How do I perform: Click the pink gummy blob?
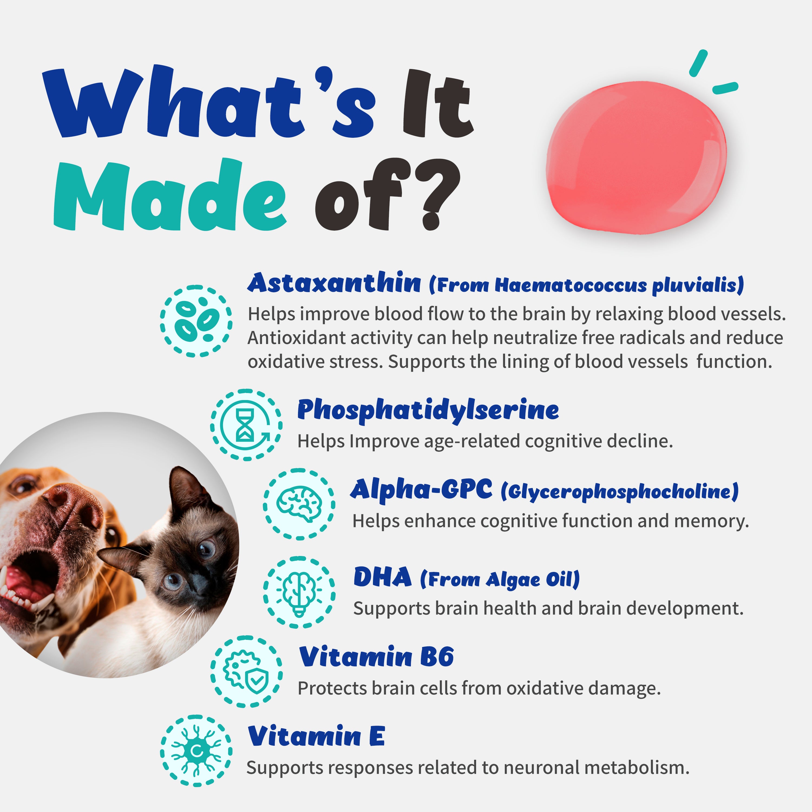point(637,158)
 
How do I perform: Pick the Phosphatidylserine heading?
point(428,410)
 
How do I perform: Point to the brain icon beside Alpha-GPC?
point(299,504)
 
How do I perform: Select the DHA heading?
point(382,577)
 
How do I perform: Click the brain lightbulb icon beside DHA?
point(299,592)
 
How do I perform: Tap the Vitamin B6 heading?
point(376,657)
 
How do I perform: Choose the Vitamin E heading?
point(316,736)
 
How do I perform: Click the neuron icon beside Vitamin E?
point(196,751)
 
